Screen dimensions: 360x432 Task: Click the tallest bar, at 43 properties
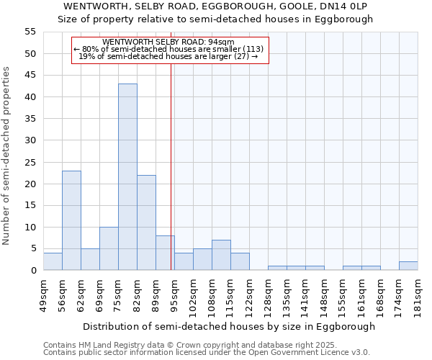tap(127, 177)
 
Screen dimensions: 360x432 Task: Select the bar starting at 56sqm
tap(71, 220)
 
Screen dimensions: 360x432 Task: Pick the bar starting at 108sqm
tap(221, 255)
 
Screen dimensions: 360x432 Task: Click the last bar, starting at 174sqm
tap(408, 266)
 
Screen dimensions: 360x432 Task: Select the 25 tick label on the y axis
tap(30, 162)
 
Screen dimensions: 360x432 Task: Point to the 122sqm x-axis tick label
tap(249, 295)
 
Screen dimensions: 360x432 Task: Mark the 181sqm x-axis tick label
tap(418, 295)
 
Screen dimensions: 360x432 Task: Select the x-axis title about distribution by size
tap(229, 326)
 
